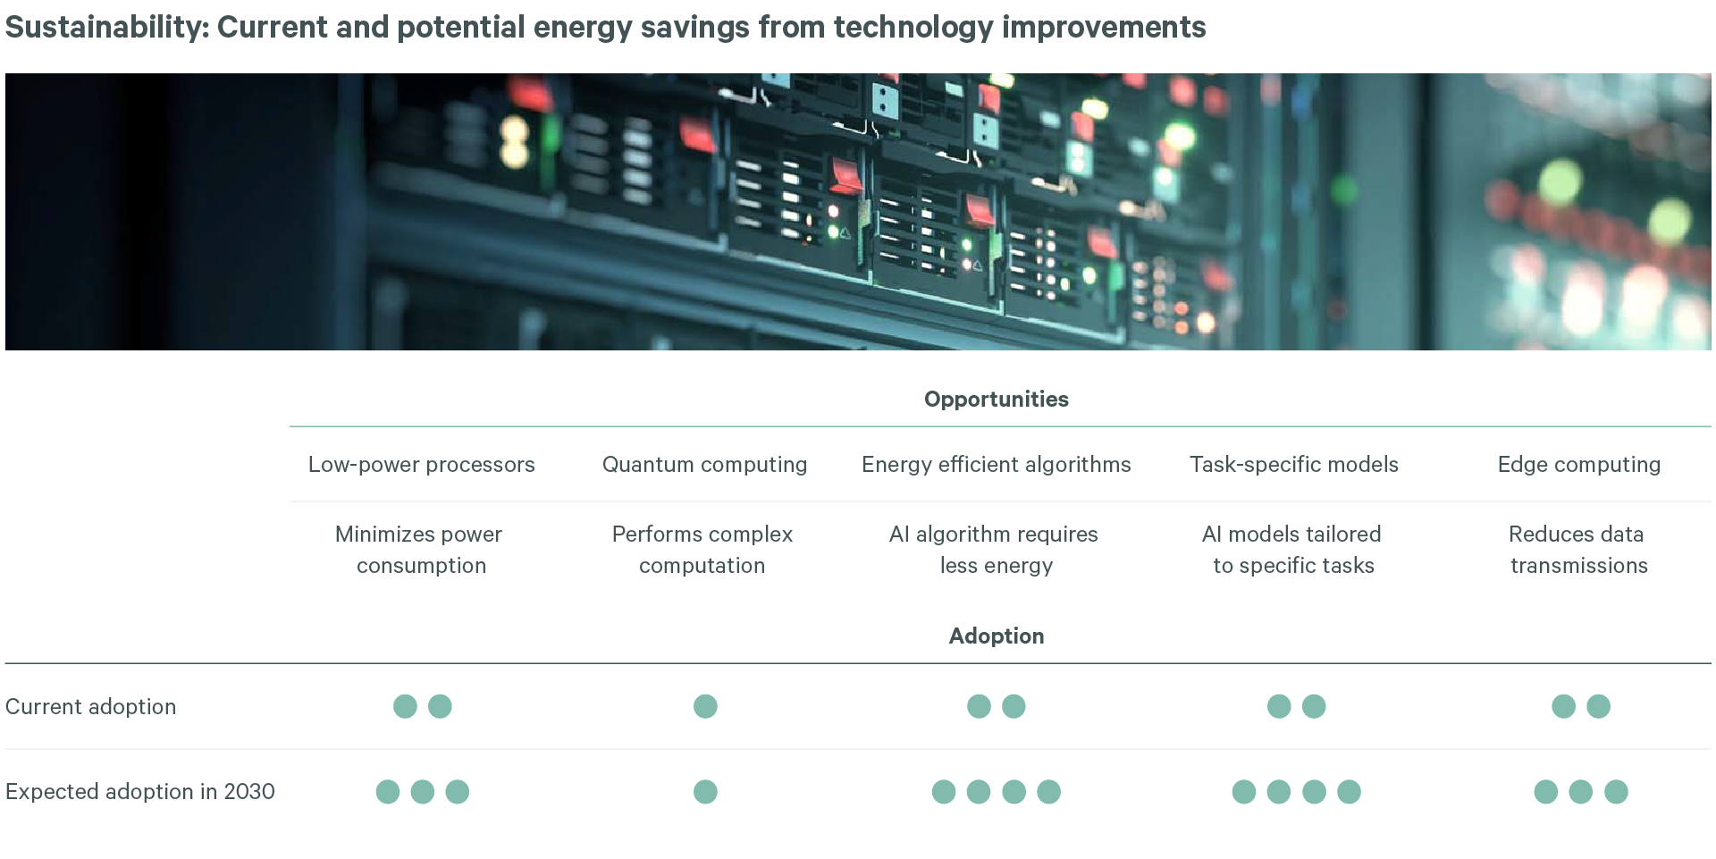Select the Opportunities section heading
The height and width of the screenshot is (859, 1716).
996,400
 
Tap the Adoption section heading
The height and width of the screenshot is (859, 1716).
996,636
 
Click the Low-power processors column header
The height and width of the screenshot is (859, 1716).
421,465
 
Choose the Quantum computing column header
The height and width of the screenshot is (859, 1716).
704,465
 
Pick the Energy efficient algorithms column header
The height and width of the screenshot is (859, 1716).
996,465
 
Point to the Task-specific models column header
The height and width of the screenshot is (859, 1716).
1293,465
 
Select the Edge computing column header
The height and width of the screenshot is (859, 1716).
1578,465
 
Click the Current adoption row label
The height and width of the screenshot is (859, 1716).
90,707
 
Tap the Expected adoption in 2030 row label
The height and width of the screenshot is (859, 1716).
139,792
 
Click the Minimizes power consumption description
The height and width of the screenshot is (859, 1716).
419,550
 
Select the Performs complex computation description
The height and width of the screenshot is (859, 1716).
702,550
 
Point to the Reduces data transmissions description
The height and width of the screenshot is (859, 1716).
1577,550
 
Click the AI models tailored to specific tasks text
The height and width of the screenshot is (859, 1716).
1292,550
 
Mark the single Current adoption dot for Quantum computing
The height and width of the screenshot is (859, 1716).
705,707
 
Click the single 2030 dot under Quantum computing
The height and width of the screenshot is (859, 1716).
705,792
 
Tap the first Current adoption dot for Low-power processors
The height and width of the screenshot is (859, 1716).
405,707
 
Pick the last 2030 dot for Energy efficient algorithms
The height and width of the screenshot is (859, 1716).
1048,792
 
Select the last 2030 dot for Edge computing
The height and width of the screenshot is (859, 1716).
1616,792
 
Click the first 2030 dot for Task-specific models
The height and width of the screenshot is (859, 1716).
1243,792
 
